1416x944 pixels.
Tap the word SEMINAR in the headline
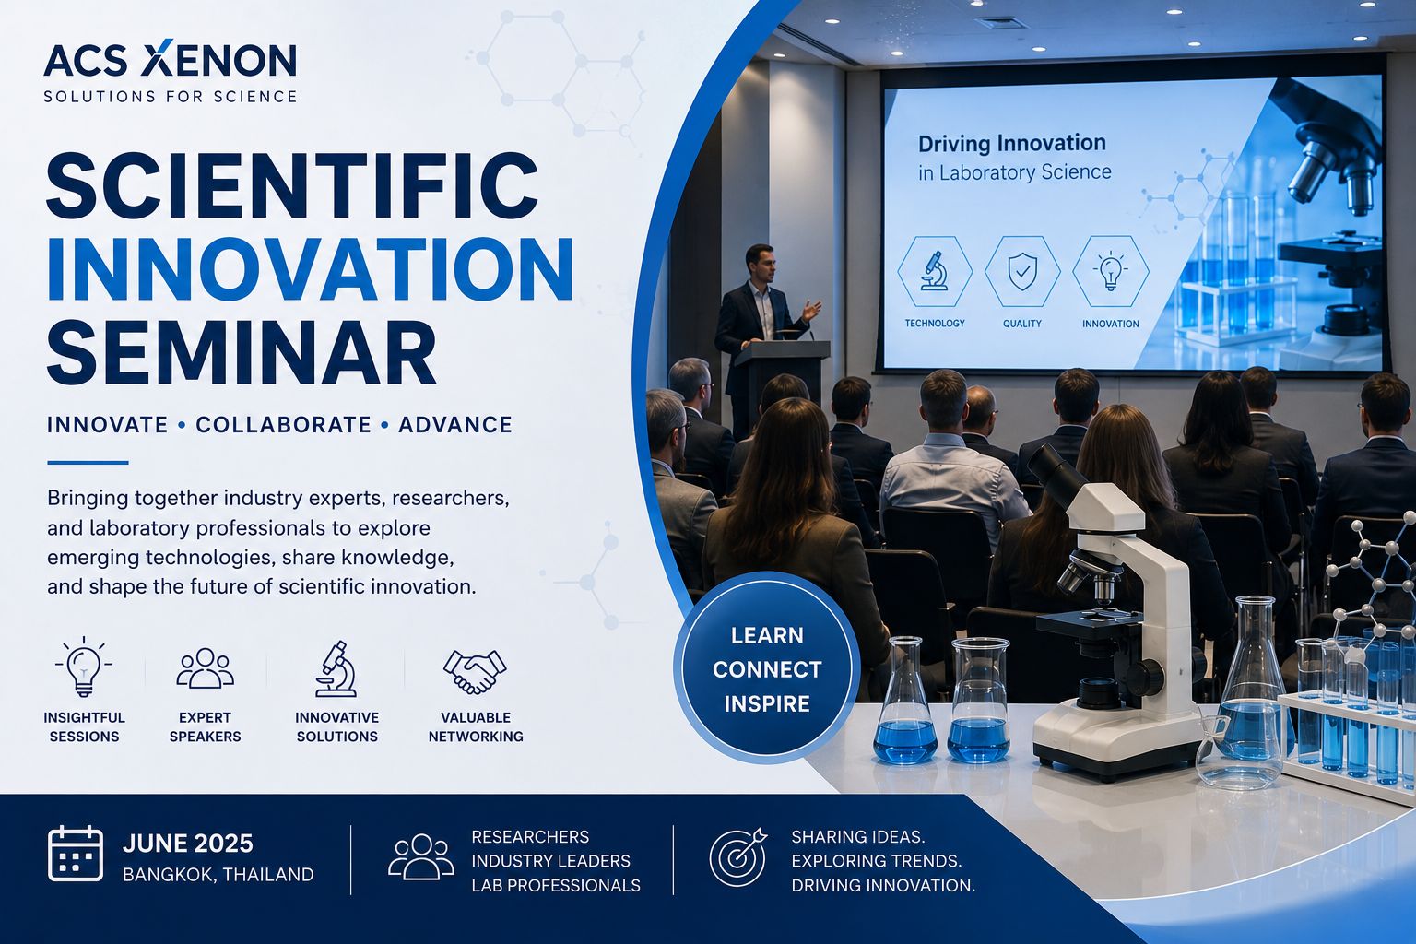[x=242, y=352]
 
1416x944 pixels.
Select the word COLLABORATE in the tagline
[x=283, y=424]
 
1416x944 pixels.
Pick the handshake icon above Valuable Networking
[x=475, y=671]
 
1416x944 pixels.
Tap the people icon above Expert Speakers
[x=205, y=667]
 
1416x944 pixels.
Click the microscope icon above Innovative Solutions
[x=336, y=668]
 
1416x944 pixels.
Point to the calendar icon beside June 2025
[x=76, y=853]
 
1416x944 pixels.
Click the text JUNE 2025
[x=188, y=844]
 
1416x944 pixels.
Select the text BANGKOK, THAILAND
[x=218, y=875]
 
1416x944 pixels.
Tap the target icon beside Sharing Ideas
[x=737, y=857]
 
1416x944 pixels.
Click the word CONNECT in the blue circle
[x=767, y=669]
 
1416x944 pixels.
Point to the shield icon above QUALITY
[x=1022, y=272]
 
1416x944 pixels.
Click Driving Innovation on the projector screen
[x=1011, y=144]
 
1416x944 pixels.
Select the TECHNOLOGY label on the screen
[x=934, y=323]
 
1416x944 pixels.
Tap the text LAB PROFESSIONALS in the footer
[x=556, y=885]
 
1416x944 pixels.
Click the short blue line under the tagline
[x=88, y=463]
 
